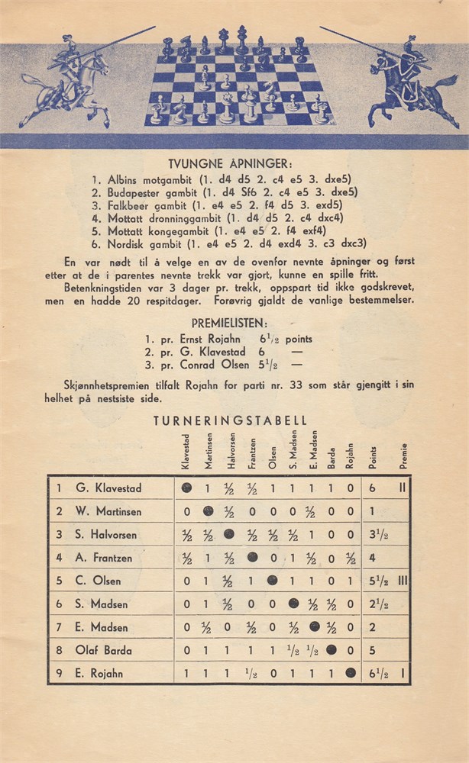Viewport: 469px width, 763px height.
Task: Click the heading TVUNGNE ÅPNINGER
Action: click(x=234, y=163)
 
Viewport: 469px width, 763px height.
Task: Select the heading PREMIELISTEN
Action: click(x=234, y=323)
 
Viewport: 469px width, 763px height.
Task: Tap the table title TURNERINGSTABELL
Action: click(x=230, y=420)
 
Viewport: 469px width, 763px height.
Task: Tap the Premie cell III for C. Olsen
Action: click(x=403, y=581)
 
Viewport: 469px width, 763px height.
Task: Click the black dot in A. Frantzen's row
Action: click(x=252, y=558)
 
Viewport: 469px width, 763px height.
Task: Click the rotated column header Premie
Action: click(x=403, y=456)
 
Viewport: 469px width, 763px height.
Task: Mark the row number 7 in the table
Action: click(x=58, y=627)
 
